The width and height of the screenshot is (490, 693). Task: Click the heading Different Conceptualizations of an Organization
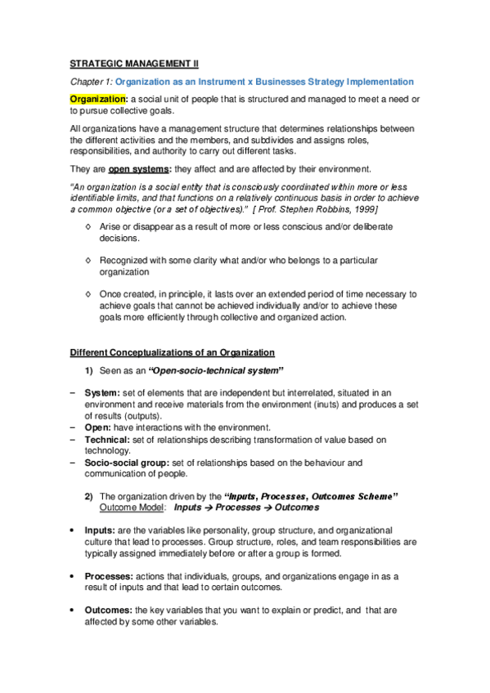pos(172,352)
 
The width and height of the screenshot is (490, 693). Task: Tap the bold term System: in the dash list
pos(102,393)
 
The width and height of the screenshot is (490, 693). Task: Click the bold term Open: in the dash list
pos(100,427)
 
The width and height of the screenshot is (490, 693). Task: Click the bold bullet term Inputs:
pos(101,530)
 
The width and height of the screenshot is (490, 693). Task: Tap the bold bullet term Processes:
pos(110,576)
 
